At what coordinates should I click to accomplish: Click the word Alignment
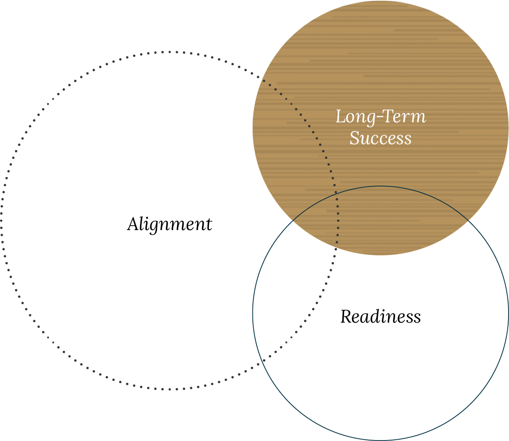pyautogui.click(x=169, y=224)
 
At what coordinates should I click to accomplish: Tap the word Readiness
pyautogui.click(x=381, y=317)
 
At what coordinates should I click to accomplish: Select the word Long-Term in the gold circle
pyautogui.click(x=381, y=117)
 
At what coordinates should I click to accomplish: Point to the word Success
pyautogui.click(x=381, y=138)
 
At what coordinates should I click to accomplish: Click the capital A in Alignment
pyautogui.click(x=132, y=224)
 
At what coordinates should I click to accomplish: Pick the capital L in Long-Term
pyautogui.click(x=341, y=117)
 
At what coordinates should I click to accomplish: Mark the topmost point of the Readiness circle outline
pyautogui.click(x=381, y=186)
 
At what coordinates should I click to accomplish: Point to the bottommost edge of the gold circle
pyautogui.click(x=381, y=255)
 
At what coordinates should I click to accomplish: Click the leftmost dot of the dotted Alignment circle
pyautogui.click(x=2, y=220)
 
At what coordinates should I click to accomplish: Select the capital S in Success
pyautogui.click(x=354, y=138)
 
